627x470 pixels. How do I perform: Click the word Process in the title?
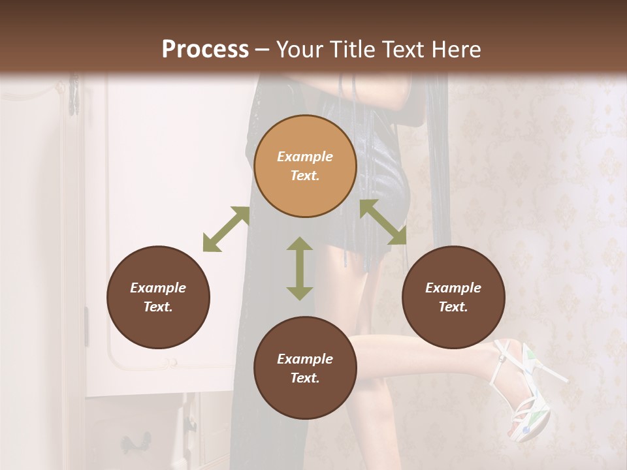[x=205, y=50]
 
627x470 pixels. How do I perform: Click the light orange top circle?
[x=305, y=166]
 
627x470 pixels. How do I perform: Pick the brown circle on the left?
[x=158, y=297]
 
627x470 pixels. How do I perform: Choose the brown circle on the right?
[x=453, y=297]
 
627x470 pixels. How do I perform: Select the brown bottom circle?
[x=305, y=368]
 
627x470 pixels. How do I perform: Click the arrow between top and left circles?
[x=226, y=229]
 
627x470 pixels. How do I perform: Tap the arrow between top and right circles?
[x=383, y=222]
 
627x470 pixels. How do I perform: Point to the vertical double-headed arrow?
[x=300, y=268]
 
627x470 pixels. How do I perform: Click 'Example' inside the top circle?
[x=305, y=157]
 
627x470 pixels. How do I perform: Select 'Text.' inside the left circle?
[x=158, y=307]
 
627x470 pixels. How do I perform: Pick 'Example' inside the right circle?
[x=453, y=288]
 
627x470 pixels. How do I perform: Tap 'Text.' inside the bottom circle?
[x=305, y=378]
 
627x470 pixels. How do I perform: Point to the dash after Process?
[x=263, y=50]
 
